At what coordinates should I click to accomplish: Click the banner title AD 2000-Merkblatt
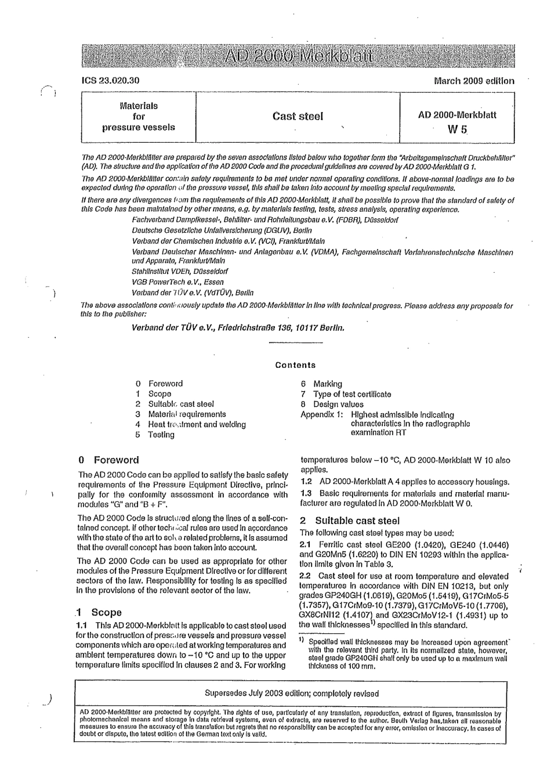pyautogui.click(x=298, y=57)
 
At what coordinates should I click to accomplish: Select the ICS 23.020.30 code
pyautogui.click(x=111, y=81)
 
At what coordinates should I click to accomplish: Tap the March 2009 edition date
pyautogui.click(x=473, y=81)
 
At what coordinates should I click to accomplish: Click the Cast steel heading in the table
pyautogui.click(x=298, y=116)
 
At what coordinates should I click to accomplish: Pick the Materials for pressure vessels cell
pyautogui.click(x=139, y=117)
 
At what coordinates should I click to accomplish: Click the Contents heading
pyautogui.click(x=295, y=365)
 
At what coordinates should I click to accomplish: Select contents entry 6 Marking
pyautogui.click(x=321, y=384)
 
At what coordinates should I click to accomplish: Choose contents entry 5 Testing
pyautogui.click(x=155, y=435)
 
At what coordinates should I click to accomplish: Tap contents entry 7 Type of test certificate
pyautogui.click(x=346, y=394)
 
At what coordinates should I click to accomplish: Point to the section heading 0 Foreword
pyautogui.click(x=109, y=460)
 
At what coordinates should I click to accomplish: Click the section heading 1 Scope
pyautogui.click(x=99, y=612)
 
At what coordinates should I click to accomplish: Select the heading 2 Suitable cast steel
pyautogui.click(x=350, y=521)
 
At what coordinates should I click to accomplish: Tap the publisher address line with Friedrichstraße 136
pyautogui.click(x=238, y=327)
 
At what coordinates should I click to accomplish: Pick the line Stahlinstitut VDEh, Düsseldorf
pyautogui.click(x=180, y=271)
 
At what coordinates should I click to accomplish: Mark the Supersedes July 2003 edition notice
pyautogui.click(x=292, y=693)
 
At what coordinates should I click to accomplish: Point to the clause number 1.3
pyautogui.click(x=306, y=493)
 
